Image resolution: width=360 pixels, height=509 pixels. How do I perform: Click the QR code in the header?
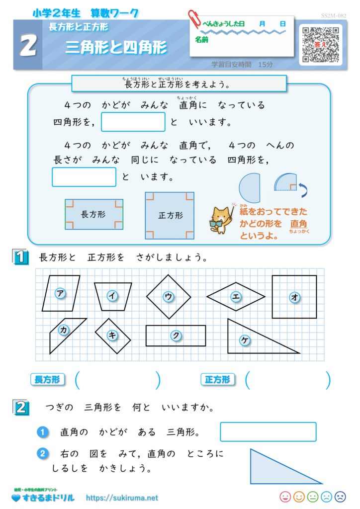pyautogui.click(x=320, y=44)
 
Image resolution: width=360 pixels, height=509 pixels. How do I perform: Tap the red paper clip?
pyautogui.click(x=195, y=18)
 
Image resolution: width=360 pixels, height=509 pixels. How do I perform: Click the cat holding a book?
pyautogui.click(x=221, y=219)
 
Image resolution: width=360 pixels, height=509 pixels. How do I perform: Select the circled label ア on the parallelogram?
pyautogui.click(x=60, y=293)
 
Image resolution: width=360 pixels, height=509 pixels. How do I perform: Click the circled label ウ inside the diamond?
pyautogui.click(x=168, y=296)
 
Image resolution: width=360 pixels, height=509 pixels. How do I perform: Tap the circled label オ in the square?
pyautogui.click(x=294, y=297)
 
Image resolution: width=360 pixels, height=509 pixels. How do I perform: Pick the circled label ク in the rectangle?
pyautogui.click(x=176, y=336)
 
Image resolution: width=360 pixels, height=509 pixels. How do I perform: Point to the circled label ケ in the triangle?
pyautogui.click(x=245, y=340)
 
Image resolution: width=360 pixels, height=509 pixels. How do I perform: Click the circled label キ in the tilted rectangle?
pyautogui.click(x=112, y=335)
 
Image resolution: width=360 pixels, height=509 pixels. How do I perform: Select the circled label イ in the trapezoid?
pyautogui.click(x=112, y=295)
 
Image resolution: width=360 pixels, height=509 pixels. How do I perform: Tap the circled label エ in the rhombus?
pyautogui.click(x=236, y=296)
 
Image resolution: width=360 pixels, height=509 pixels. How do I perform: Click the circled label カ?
pyautogui.click(x=64, y=330)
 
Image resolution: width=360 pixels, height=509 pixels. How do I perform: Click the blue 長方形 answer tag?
pyautogui.click(x=47, y=379)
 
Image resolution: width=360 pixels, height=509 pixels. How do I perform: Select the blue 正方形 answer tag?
pyautogui.click(x=217, y=379)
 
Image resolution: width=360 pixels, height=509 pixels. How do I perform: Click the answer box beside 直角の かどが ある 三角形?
pyautogui.click(x=268, y=432)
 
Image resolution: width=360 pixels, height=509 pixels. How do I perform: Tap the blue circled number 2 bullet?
pyautogui.click(x=43, y=453)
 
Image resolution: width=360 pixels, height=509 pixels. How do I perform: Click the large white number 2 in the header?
pyautogui.click(x=28, y=45)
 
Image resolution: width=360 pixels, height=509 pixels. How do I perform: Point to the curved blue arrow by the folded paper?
pyautogui.click(x=303, y=190)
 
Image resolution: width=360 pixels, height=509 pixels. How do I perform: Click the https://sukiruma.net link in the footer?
pyautogui.click(x=122, y=498)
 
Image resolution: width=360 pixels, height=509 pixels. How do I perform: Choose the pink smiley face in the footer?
pyautogui.click(x=285, y=497)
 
